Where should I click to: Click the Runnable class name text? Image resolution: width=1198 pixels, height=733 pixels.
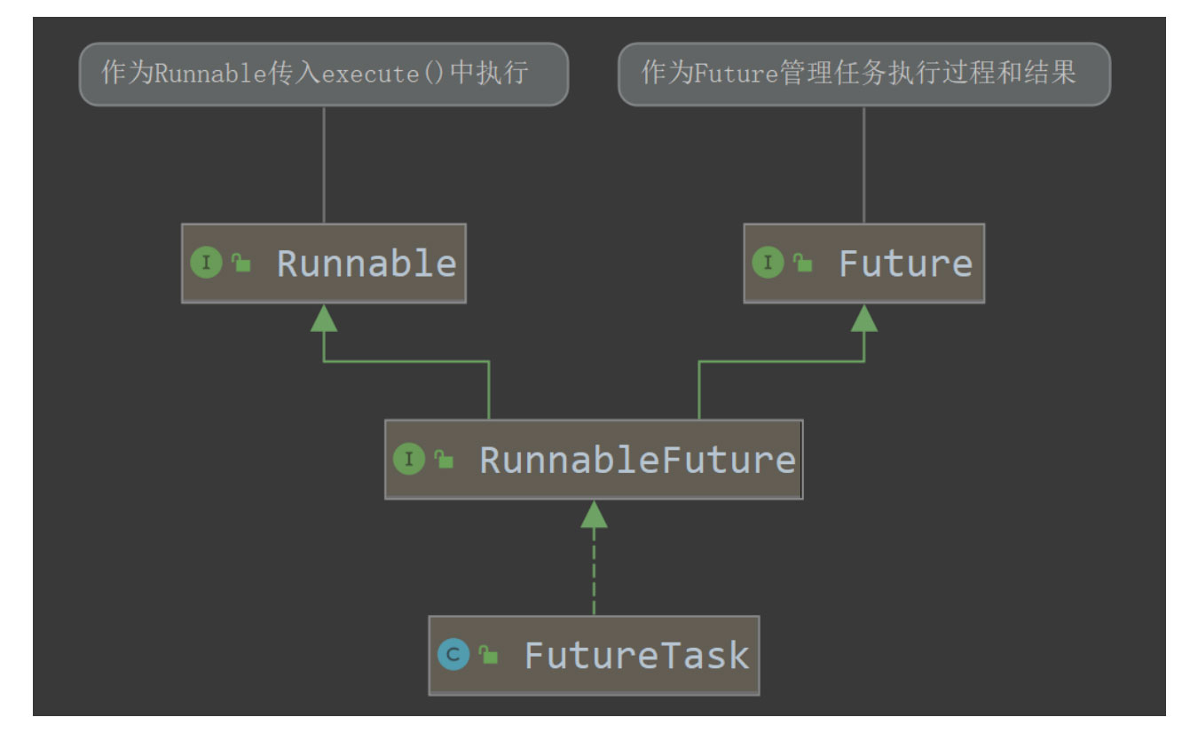[x=366, y=264]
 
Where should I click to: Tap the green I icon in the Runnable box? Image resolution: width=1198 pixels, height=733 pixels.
[x=206, y=263]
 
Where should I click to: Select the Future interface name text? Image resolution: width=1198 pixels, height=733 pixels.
[x=905, y=264]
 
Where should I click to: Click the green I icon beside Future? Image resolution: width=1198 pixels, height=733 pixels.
[x=768, y=263]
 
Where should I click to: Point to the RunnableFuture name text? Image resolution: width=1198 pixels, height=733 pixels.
[x=637, y=460]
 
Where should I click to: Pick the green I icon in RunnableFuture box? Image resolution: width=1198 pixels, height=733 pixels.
[x=409, y=459]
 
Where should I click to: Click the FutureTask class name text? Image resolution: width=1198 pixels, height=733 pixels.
[x=636, y=656]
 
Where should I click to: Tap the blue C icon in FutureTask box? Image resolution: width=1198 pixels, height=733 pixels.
[x=453, y=655]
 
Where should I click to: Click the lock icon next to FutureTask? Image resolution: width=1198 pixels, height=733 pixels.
[x=488, y=656]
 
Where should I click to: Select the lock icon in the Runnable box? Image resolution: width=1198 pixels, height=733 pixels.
[x=241, y=263]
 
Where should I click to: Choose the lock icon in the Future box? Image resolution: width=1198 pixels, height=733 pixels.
[x=803, y=263]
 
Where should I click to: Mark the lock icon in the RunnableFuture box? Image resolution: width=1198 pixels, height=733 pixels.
[x=444, y=459]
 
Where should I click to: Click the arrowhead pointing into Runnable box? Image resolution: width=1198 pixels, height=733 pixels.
[x=324, y=319]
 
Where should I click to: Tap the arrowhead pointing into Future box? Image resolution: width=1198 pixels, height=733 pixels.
[x=863, y=319]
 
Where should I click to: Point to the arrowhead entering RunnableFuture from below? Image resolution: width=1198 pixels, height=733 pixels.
[x=594, y=515]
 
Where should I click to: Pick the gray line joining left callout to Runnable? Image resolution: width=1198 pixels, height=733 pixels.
[x=324, y=164]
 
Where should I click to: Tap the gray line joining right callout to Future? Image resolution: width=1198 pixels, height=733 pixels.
[x=863, y=164]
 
